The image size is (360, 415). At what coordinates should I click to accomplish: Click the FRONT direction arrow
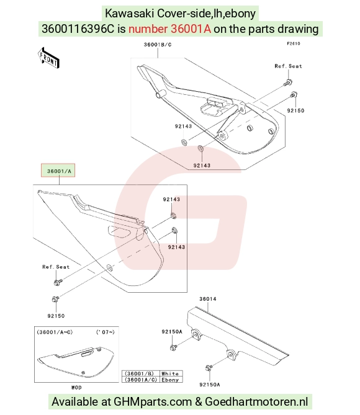(x=48, y=58)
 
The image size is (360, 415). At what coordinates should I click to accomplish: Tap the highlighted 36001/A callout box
(x=58, y=170)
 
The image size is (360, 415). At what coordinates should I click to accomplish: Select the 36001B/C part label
(x=158, y=45)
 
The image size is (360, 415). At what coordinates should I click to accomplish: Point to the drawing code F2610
(x=294, y=43)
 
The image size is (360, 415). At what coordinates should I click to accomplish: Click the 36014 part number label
(x=208, y=299)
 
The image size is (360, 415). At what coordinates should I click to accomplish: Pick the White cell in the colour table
(x=170, y=373)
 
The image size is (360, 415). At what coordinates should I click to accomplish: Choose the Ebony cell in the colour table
(x=170, y=380)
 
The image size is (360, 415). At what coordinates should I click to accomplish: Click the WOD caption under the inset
(x=76, y=388)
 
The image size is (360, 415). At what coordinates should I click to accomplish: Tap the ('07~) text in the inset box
(x=105, y=332)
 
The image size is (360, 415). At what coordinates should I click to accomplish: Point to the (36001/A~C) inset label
(x=55, y=332)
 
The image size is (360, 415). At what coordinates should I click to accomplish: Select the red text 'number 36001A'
(x=170, y=29)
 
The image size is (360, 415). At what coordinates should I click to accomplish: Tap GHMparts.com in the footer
(x=153, y=401)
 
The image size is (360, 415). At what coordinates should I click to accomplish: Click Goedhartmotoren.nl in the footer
(x=256, y=401)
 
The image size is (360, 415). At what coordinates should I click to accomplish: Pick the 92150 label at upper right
(x=295, y=110)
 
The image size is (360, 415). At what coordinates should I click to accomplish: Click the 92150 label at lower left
(x=56, y=316)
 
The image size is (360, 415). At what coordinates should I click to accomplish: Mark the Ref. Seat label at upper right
(x=288, y=66)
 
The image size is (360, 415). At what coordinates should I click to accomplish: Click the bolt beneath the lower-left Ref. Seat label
(x=58, y=282)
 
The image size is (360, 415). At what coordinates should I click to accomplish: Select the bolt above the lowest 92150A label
(x=209, y=367)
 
